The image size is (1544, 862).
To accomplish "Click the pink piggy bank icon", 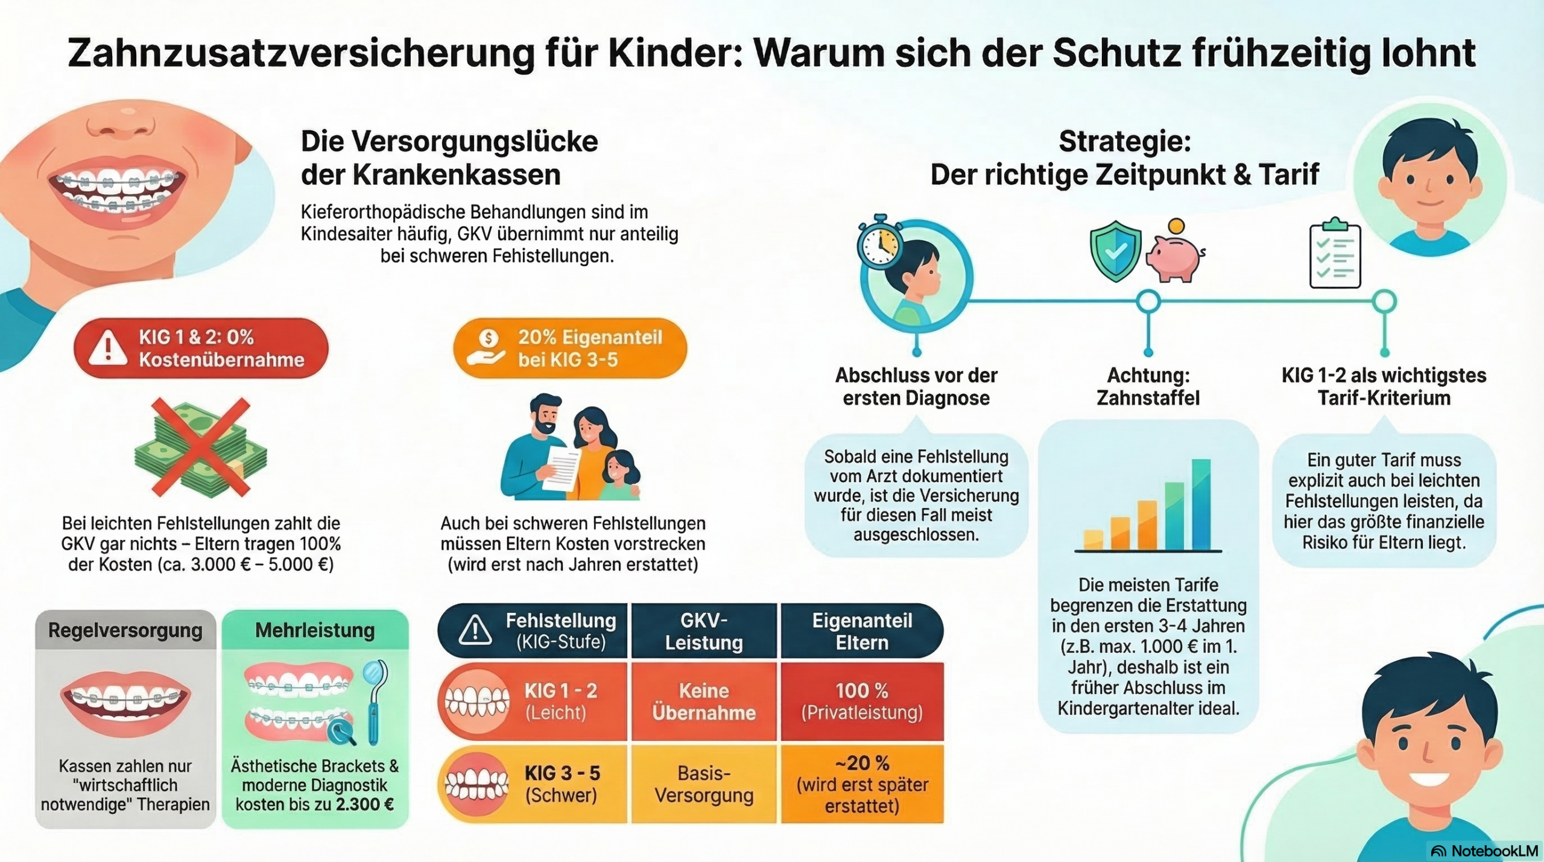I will (1173, 258).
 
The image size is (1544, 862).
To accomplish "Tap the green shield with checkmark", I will (1115, 251).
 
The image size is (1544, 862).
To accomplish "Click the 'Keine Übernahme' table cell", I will (704, 702).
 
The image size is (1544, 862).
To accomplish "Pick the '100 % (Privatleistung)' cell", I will (862, 702).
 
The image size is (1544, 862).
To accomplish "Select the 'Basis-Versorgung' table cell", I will (704, 784).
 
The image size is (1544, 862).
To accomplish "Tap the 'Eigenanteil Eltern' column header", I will (862, 631).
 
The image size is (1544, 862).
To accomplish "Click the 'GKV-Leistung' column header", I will (704, 631).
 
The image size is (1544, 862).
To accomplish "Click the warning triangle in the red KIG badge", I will (108, 349).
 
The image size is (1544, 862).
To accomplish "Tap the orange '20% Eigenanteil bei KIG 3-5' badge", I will (570, 349).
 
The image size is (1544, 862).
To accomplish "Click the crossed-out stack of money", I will (201, 447).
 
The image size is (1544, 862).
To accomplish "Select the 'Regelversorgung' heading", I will (125, 630).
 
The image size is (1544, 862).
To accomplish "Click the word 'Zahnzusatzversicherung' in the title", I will (301, 53).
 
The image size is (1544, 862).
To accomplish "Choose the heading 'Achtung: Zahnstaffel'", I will (1148, 387).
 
